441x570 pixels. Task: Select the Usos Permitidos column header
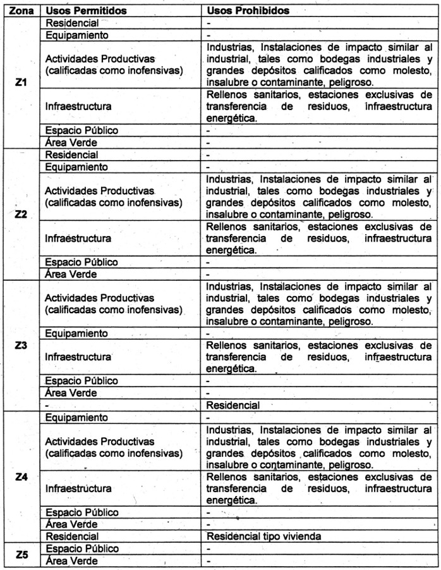[86, 11]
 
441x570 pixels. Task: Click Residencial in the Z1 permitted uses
[71, 23]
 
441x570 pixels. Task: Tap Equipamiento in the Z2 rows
[76, 167]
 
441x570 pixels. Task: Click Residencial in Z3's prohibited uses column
[233, 405]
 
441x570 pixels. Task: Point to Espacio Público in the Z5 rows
[82, 548]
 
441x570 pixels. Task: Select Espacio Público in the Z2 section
[82, 262]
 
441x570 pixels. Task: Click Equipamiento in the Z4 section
[76, 418]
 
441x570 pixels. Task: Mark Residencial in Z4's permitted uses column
[71, 536]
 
